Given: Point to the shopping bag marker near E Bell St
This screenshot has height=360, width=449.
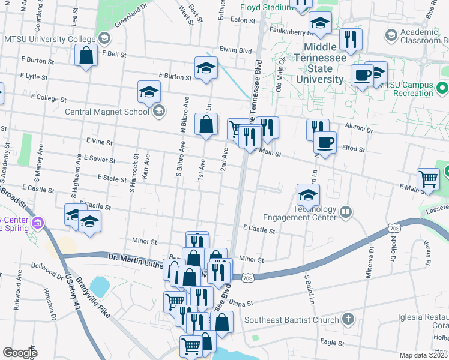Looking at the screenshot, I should [x=87, y=56].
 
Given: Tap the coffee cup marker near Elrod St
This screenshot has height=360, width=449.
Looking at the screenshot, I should [x=325, y=143].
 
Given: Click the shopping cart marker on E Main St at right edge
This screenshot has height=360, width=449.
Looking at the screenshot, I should [x=428, y=179].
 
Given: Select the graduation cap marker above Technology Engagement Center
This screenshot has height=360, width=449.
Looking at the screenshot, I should [x=308, y=195].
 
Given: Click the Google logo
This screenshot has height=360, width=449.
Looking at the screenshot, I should [x=19, y=353].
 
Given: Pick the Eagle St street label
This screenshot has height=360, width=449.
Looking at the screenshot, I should [x=332, y=341].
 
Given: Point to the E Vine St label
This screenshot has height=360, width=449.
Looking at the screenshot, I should [x=100, y=141].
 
